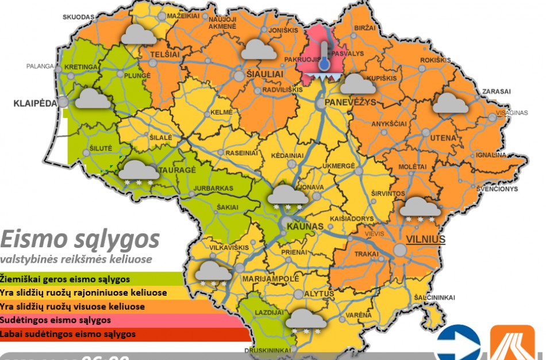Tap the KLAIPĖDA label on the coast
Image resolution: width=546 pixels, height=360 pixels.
[x=36, y=104]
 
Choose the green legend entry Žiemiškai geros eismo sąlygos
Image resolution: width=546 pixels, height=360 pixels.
[x=65, y=280]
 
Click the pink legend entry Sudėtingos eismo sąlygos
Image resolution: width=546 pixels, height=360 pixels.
[x=56, y=320]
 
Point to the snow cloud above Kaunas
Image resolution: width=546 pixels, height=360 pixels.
[x=290, y=196]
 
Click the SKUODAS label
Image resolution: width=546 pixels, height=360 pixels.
[x=78, y=17]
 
